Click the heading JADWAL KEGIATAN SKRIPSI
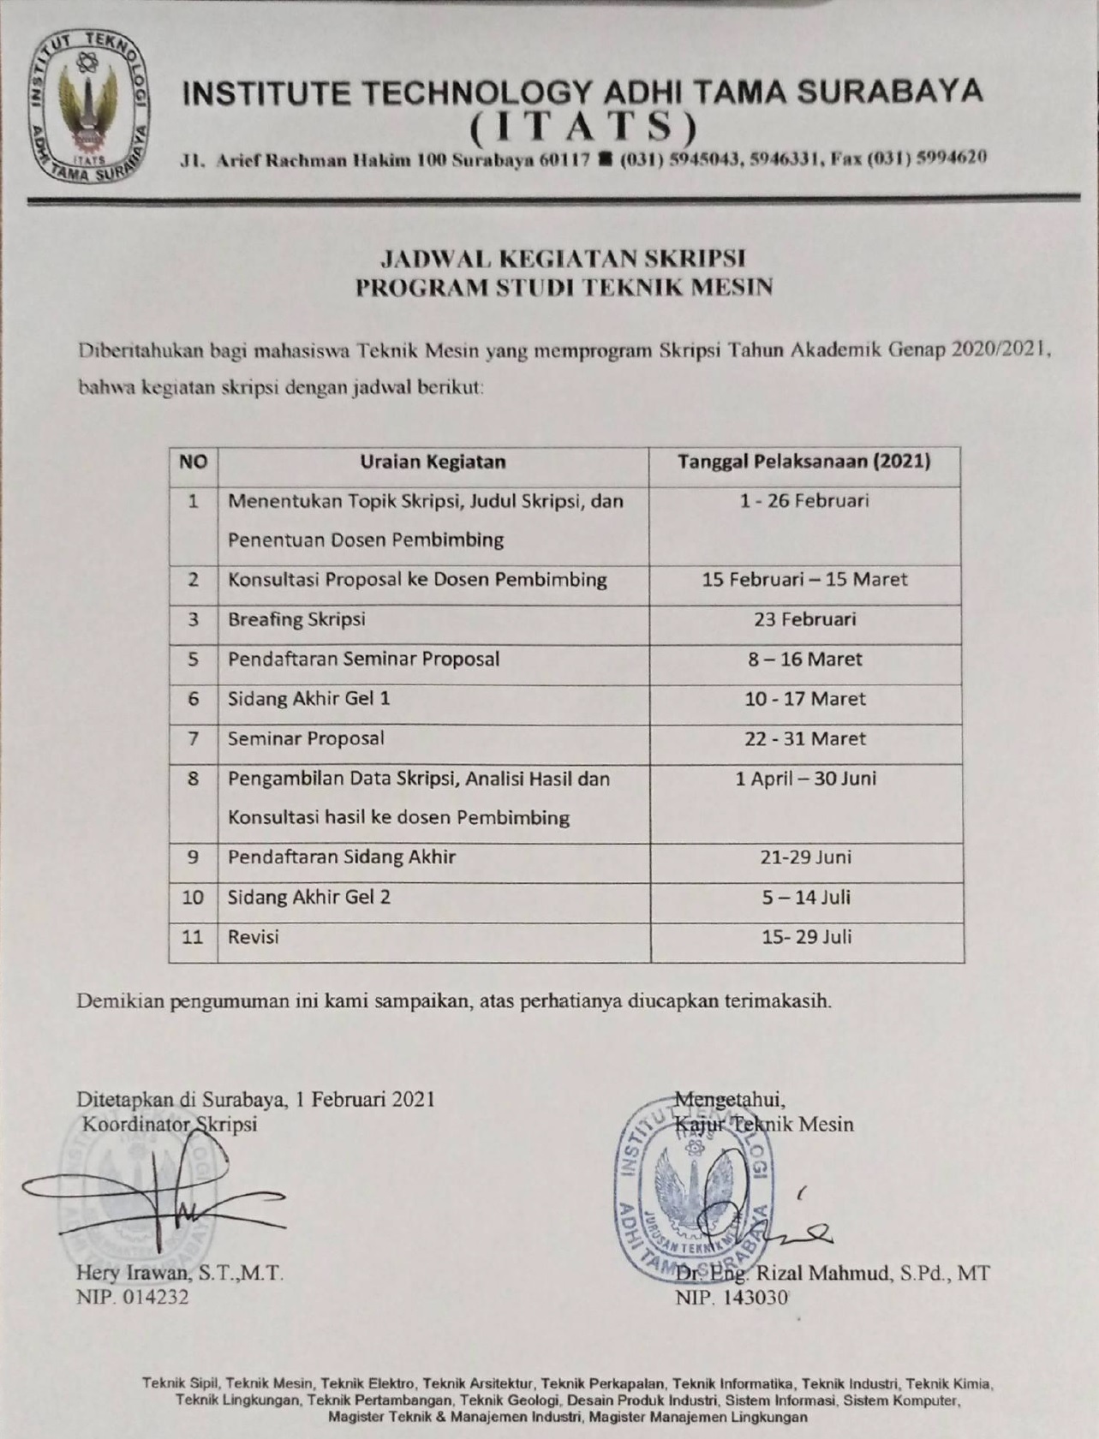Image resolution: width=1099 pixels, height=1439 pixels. [564, 258]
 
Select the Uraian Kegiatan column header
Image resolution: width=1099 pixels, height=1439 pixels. [433, 462]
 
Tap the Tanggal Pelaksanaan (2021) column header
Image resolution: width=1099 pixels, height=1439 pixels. [804, 462]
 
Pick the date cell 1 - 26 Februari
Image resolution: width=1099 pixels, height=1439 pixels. [804, 501]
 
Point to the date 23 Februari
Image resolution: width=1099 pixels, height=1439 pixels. [804, 619]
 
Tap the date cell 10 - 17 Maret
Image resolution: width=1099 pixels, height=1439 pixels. [804, 699]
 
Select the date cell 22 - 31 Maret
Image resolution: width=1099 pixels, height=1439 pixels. [804, 738]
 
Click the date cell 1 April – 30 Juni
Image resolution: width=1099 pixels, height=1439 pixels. [805, 779]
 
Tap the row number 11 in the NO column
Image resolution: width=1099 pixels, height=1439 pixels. [193, 937]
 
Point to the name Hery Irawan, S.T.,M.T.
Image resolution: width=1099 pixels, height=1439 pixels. [180, 1273]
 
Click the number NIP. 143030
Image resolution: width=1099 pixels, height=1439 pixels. [732, 1298]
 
